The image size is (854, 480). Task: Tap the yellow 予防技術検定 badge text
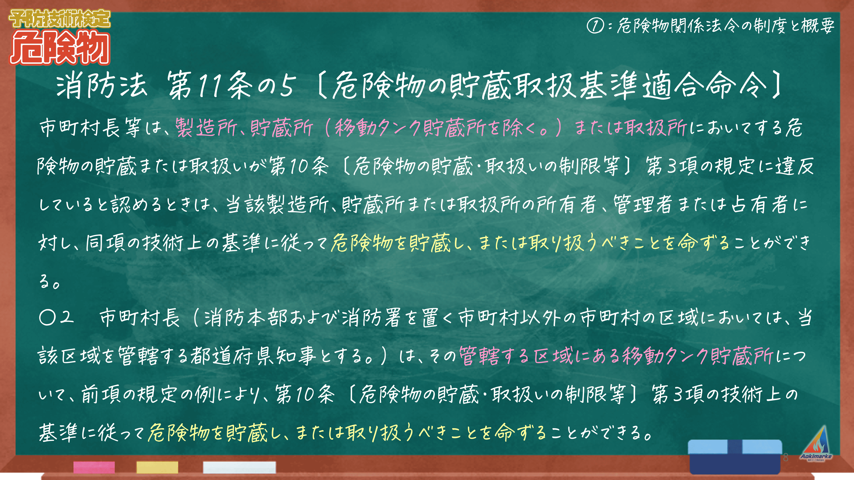60,19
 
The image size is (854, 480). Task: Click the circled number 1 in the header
595,26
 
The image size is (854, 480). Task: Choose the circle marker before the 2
47,317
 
